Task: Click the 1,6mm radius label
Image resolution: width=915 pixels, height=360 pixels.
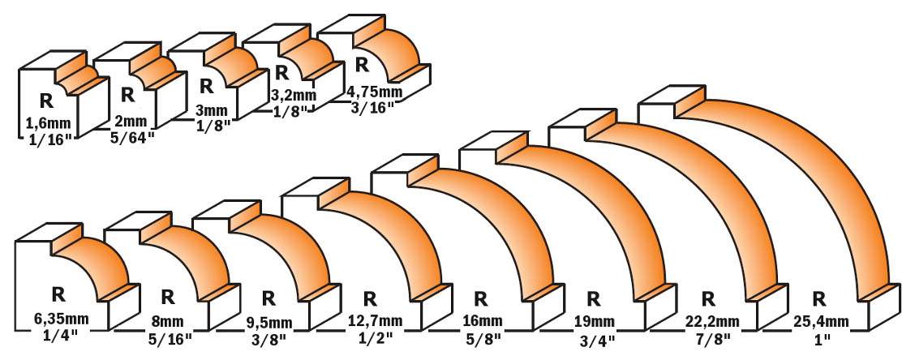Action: pyautogui.click(x=47, y=124)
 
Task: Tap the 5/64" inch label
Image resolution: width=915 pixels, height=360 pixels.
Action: pyautogui.click(x=132, y=138)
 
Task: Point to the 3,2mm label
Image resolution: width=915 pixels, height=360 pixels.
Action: pyautogui.click(x=294, y=95)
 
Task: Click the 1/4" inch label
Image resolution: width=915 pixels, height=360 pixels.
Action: pyautogui.click(x=58, y=336)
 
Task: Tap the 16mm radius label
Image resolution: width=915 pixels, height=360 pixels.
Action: pyautogui.click(x=481, y=322)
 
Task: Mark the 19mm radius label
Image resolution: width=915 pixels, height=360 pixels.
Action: pyautogui.click(x=594, y=322)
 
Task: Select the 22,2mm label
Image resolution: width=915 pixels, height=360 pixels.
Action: pyautogui.click(x=708, y=322)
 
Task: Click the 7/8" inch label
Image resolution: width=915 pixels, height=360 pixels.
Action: pyautogui.click(x=708, y=336)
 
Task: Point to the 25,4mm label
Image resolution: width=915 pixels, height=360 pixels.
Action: pyautogui.click(x=820, y=322)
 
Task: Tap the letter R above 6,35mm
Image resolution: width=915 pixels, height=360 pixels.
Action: pyautogui.click(x=58, y=295)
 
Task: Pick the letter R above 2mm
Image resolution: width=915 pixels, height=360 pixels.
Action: pyautogui.click(x=128, y=95)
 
